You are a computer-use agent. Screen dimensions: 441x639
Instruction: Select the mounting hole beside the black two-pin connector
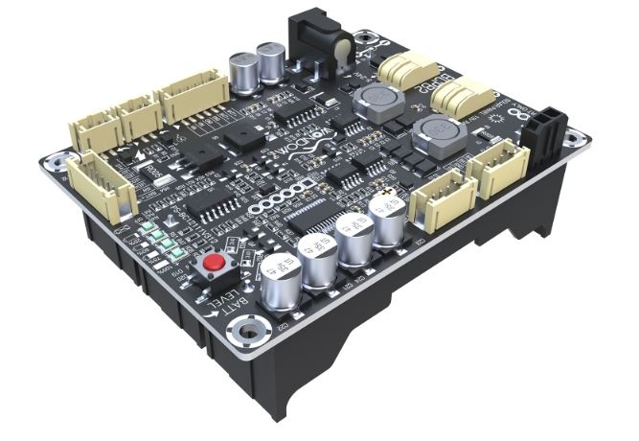click(572, 140)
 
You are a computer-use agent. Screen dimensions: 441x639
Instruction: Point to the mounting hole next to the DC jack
click(365, 39)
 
